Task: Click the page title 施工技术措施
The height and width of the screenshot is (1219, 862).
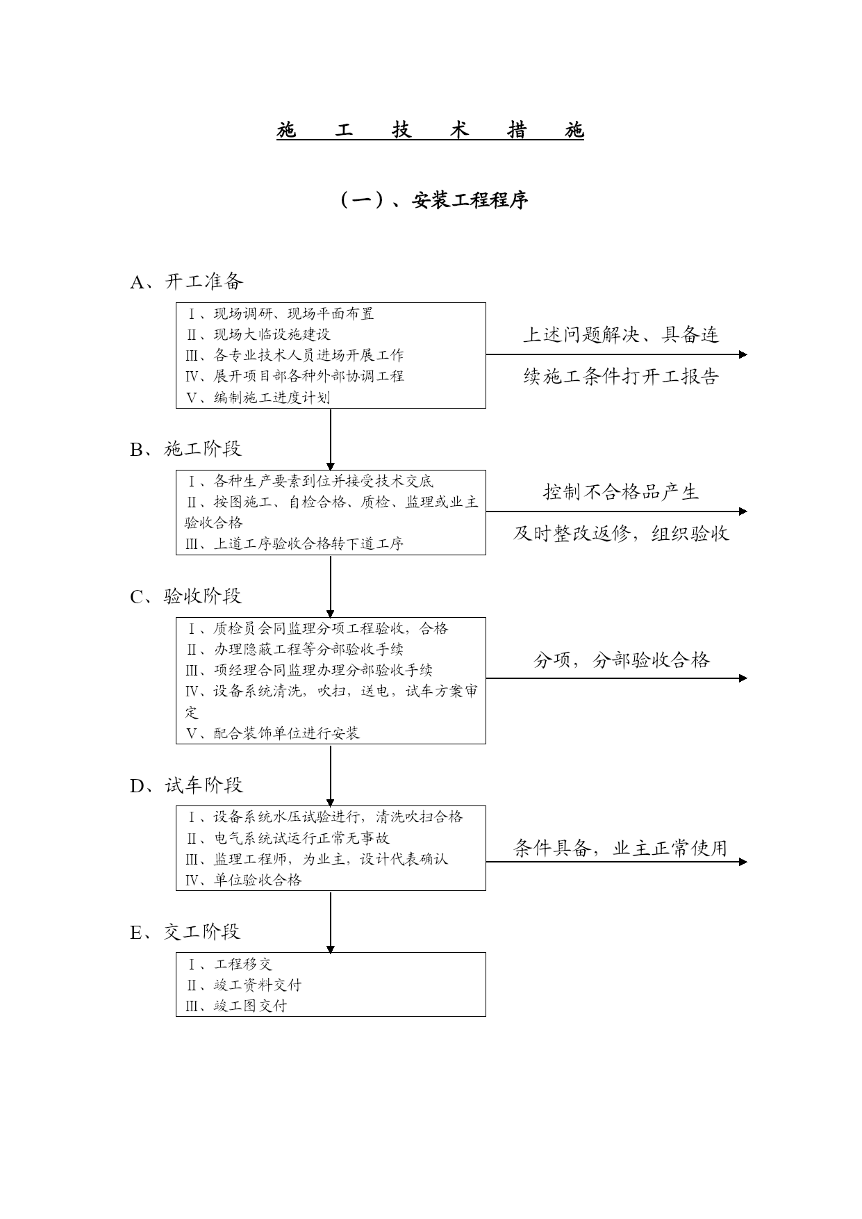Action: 430,130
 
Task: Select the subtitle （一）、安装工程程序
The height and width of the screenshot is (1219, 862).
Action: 433,200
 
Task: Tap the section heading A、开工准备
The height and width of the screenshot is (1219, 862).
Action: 186,281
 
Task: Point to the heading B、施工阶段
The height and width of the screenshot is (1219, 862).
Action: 185,449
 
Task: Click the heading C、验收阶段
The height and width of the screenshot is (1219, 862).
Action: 185,596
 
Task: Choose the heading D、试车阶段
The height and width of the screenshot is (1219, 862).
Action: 186,785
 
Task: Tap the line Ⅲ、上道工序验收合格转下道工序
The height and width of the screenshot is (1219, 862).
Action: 295,544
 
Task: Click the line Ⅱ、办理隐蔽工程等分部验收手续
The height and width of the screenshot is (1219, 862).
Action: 295,650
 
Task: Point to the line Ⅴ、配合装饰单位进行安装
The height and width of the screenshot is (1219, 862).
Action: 272,733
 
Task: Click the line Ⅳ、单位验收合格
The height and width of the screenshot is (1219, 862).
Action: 243,880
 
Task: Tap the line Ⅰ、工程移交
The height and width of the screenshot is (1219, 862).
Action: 229,965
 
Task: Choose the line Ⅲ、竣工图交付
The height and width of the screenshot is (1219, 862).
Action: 236,1006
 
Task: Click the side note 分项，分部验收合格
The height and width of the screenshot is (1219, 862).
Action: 622,660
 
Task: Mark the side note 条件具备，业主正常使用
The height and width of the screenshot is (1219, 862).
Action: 620,849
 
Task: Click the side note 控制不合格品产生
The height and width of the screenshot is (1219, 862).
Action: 620,493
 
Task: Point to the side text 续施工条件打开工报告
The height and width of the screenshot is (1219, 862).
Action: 620,377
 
